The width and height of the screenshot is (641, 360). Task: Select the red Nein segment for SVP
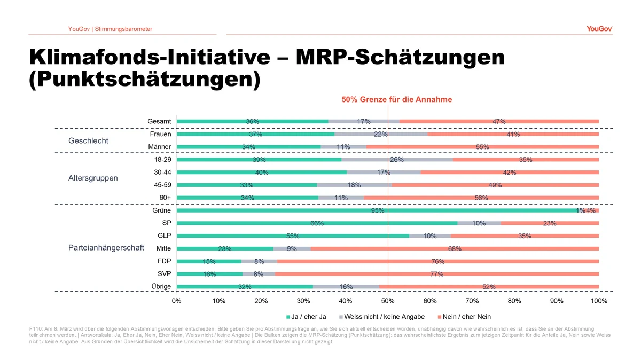(436, 274)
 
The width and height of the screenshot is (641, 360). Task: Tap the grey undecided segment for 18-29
(397, 160)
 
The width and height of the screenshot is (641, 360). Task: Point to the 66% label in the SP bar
(317, 223)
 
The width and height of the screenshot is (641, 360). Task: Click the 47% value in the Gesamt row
(499, 121)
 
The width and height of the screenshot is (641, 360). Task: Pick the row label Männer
(160, 147)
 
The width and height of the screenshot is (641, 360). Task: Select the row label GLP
(164, 236)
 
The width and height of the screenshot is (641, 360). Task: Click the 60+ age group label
(165, 198)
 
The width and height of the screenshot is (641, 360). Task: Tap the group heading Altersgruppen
(93, 178)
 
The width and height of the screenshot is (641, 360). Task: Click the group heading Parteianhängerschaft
(106, 248)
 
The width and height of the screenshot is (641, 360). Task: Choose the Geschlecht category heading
(88, 141)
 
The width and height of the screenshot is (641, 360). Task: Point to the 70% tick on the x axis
(472, 301)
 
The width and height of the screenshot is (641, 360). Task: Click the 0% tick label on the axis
(177, 301)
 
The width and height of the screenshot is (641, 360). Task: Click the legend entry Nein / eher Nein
(467, 317)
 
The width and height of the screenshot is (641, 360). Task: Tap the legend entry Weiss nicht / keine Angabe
(384, 317)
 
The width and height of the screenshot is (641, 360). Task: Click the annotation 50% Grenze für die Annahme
(397, 99)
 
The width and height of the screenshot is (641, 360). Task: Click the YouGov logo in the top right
(599, 29)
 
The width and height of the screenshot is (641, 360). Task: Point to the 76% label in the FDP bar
(438, 261)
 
